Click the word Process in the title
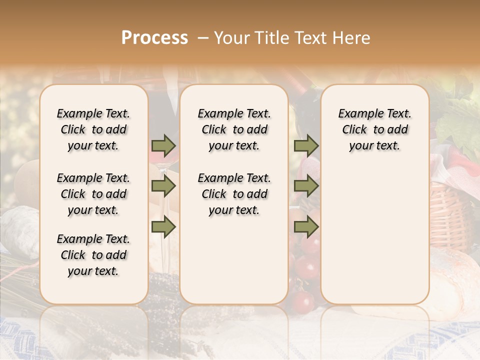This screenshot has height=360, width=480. coord(154,37)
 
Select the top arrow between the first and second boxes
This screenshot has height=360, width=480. coord(163,146)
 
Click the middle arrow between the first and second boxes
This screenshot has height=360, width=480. coord(163,186)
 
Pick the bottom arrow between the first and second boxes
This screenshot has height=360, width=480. coord(163,227)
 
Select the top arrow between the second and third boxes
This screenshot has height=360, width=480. coord(306,146)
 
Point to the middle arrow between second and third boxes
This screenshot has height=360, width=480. coord(306,186)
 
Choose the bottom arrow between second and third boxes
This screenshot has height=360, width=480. coord(306,227)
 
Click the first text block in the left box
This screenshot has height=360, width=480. coord(93,129)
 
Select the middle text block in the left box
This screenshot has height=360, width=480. coord(93,194)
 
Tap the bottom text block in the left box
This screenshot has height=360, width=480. coord(93,255)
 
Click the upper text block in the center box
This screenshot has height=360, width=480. coord(234,129)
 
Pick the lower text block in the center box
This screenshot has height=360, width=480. coord(234,194)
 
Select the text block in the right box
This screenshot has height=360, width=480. coord(375,129)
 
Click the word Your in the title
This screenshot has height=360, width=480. coord(231,37)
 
